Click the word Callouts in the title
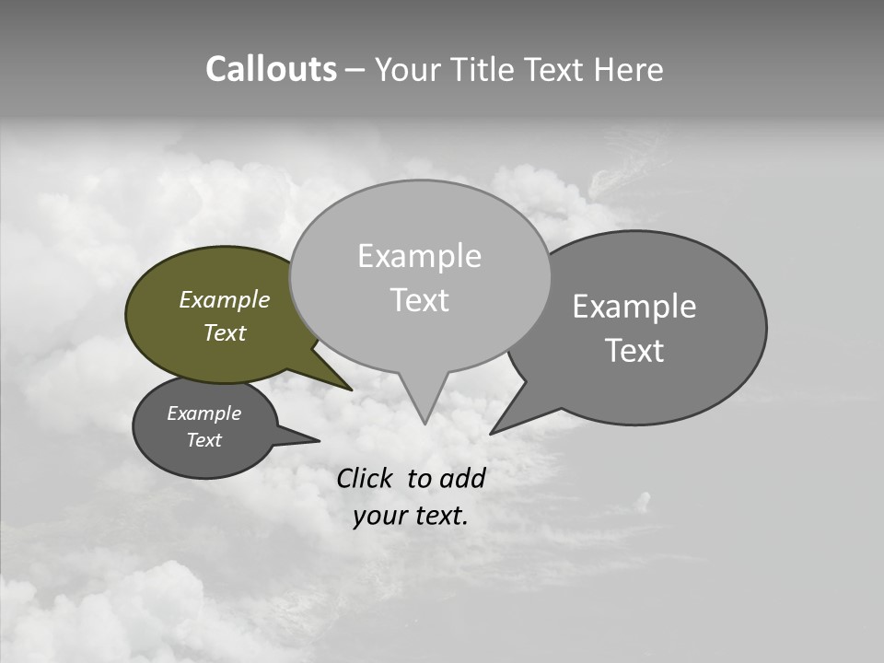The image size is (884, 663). tap(271, 70)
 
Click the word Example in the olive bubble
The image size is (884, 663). tap(225, 300)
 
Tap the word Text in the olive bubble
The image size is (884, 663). tap(225, 333)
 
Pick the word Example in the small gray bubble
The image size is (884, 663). tap(204, 413)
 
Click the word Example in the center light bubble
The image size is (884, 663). tap(419, 257)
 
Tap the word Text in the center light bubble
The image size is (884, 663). tap(419, 300)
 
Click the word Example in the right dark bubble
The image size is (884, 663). tap(634, 307)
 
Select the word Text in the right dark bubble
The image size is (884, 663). tap(634, 351)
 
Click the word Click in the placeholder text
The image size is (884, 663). tap(364, 478)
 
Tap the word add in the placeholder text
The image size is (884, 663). tap(462, 478)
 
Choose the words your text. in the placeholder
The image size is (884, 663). tap(410, 516)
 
